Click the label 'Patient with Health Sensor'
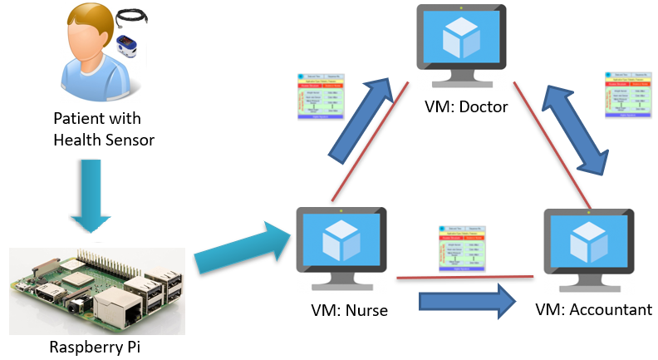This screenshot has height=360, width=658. [x=103, y=130]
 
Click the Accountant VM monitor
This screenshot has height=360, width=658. [x=588, y=241]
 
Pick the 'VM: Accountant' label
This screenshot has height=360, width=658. [x=593, y=310]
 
